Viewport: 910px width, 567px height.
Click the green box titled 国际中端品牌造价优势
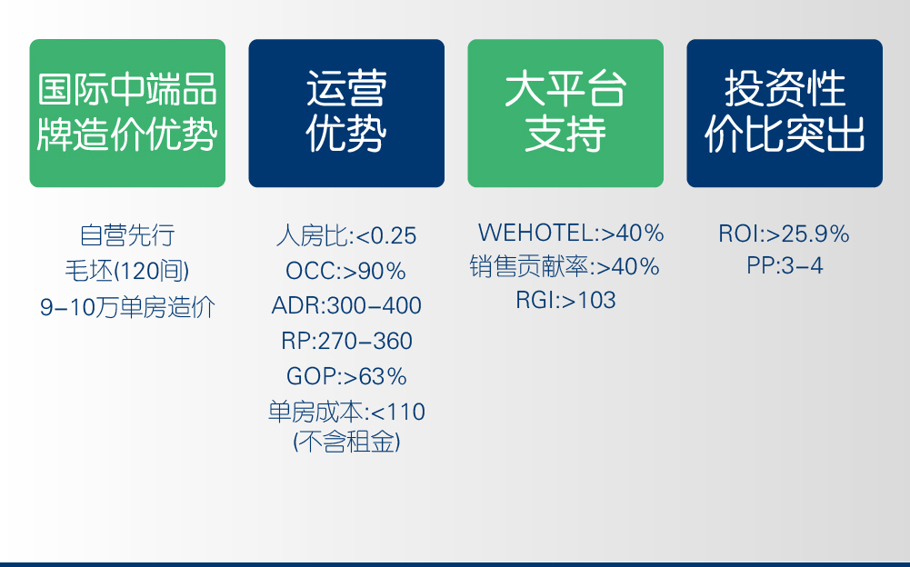point(127,113)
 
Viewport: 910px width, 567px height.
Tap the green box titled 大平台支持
point(565,113)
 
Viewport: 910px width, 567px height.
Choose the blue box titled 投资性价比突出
point(785,113)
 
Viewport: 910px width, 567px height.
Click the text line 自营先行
point(127,235)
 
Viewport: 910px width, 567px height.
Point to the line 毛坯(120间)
point(127,271)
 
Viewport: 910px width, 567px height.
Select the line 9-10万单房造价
point(127,307)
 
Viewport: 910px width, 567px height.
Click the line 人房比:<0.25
point(346,236)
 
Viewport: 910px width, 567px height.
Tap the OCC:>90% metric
point(346,271)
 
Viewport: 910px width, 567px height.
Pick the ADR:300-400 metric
point(346,305)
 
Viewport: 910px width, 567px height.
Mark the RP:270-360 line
point(346,341)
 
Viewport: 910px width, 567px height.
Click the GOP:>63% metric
point(346,376)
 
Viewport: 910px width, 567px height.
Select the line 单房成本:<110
point(346,412)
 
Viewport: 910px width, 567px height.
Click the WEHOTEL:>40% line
point(571,234)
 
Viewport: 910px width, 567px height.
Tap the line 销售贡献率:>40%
point(565,267)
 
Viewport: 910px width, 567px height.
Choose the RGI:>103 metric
point(565,300)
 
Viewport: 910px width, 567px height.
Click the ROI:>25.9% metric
point(784,234)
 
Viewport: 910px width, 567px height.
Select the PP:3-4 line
point(784,267)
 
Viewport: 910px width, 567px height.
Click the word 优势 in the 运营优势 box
point(346,135)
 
